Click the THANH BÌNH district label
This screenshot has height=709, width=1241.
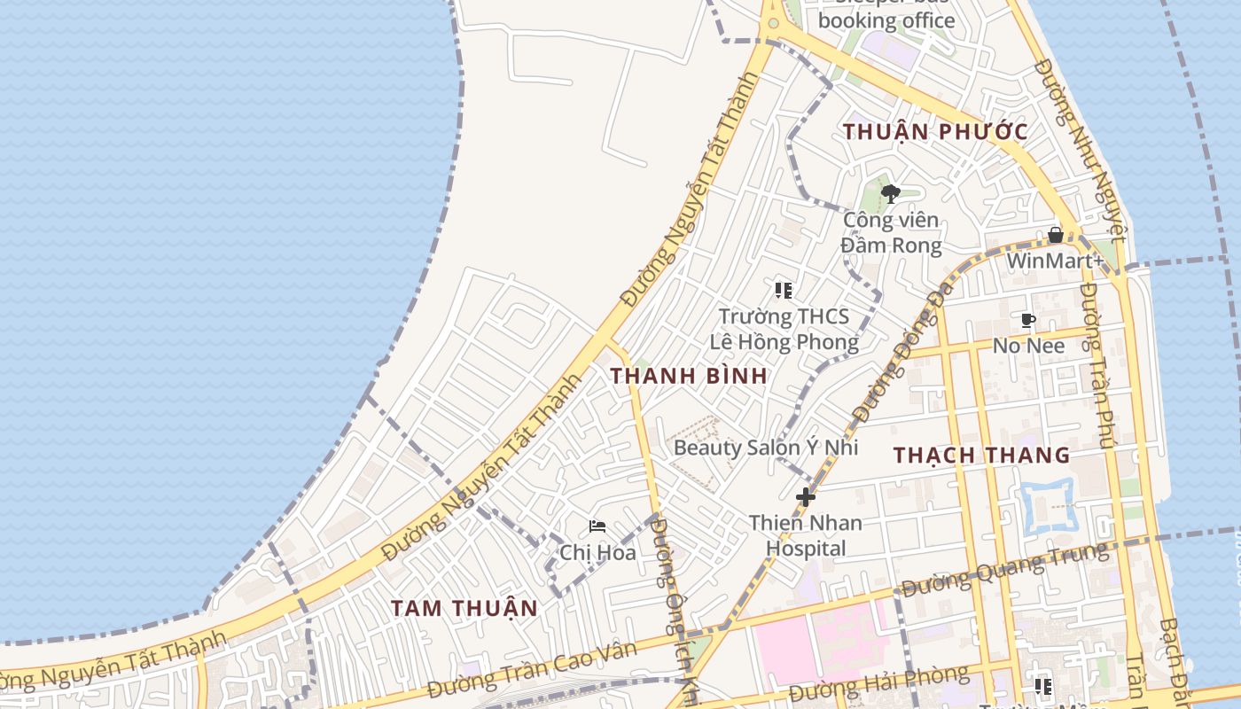pyautogui.click(x=689, y=375)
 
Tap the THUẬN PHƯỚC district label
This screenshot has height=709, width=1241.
pyautogui.click(x=935, y=132)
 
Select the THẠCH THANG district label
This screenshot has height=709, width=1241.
pyautogui.click(x=981, y=456)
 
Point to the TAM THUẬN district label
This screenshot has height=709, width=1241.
pyautogui.click(x=464, y=608)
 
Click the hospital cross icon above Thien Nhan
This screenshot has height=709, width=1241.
pyautogui.click(x=805, y=497)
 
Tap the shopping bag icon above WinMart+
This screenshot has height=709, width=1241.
pyautogui.click(x=1056, y=235)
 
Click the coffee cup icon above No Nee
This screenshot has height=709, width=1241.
pyautogui.click(x=1028, y=320)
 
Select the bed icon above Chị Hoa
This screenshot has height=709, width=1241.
pyautogui.click(x=597, y=526)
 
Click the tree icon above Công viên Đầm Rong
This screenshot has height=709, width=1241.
pyautogui.click(x=891, y=193)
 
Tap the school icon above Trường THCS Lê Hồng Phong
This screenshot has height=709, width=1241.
pyautogui.click(x=783, y=290)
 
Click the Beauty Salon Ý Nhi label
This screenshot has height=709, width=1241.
pyautogui.click(x=766, y=448)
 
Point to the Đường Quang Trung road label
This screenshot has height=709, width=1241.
pyautogui.click(x=1004, y=570)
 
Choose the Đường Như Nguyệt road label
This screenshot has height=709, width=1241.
pyautogui.click(x=1079, y=151)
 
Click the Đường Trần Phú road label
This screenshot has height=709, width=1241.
pyautogui.click(x=1097, y=363)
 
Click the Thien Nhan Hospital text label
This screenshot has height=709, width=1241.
pyautogui.click(x=805, y=535)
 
